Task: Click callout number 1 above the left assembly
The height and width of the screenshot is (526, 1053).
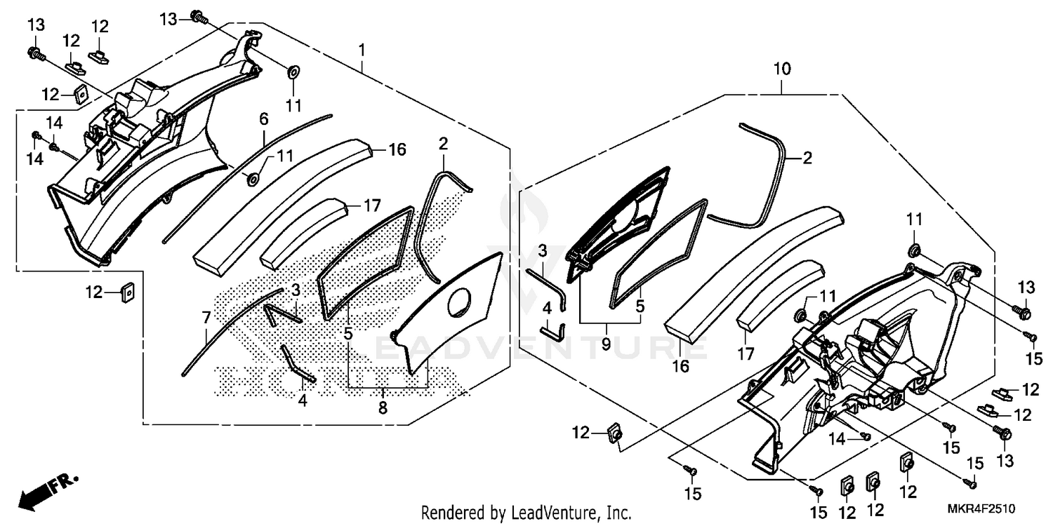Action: coord(362,50)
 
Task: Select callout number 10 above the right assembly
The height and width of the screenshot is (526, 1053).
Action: coord(782,69)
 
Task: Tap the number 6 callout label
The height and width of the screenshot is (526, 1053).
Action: coord(264,119)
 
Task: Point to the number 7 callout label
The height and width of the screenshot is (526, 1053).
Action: coord(206,318)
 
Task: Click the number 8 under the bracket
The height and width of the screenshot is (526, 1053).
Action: coord(383,407)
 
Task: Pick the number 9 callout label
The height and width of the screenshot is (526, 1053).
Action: coord(605,344)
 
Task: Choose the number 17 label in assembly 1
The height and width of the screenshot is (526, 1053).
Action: coord(372,207)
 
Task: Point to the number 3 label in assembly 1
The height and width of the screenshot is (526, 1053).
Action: coord(296,289)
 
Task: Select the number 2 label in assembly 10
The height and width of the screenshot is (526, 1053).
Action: coord(807,159)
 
